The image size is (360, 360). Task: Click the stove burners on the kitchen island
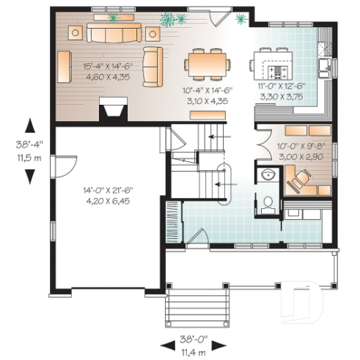pos(279,71)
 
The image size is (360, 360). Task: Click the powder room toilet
pos(268,202)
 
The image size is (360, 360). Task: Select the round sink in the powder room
pos(268,175)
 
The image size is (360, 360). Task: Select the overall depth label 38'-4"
pos(30,144)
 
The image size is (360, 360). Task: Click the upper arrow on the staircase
pos(218,136)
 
